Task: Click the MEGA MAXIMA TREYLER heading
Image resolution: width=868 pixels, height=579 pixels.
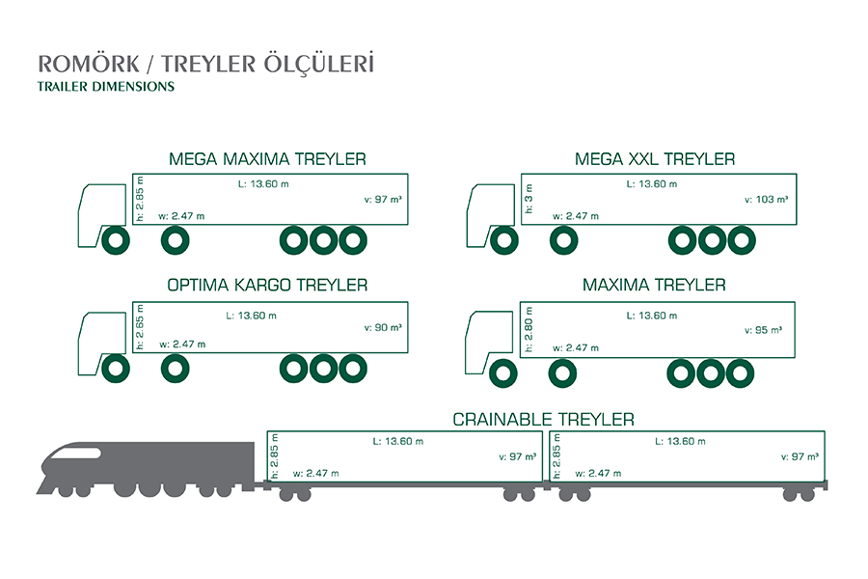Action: (267, 159)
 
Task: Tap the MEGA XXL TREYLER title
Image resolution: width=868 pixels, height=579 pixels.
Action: (655, 159)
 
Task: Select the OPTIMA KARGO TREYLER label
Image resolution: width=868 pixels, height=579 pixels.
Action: (267, 285)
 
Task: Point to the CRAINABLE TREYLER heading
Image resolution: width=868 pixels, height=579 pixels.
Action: (544, 420)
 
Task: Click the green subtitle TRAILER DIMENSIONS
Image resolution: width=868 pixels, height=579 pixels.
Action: (106, 87)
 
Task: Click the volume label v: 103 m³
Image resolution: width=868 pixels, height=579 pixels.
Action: (766, 200)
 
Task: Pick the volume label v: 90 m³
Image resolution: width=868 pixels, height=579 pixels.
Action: (383, 327)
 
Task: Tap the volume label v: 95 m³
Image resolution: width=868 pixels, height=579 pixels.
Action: (764, 330)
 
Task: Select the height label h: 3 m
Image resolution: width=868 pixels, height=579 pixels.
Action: (529, 199)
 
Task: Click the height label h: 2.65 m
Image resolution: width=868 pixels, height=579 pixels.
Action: (140, 327)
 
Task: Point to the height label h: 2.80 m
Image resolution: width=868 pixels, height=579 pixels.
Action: (529, 329)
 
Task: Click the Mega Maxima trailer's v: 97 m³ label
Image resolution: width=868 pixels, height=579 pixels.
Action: (383, 200)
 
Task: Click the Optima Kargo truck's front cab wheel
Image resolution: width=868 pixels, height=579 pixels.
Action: (115, 369)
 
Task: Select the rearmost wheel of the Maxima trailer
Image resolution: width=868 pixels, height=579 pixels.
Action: (740, 372)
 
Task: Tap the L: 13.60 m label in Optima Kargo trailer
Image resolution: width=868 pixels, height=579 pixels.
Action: (252, 316)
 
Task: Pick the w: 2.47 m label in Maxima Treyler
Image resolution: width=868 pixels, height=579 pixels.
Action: (576, 348)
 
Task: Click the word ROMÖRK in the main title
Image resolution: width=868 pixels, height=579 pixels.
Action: (89, 64)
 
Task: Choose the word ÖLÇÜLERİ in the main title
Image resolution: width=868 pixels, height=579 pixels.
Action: (319, 63)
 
